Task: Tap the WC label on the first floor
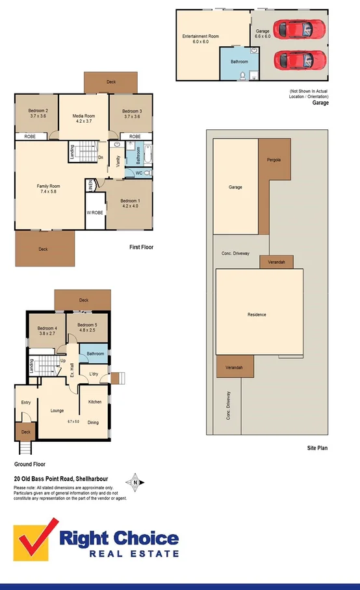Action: click(x=138, y=173)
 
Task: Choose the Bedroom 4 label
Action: click(x=47, y=328)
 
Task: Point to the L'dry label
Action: click(x=94, y=374)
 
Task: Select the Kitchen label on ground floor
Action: click(x=95, y=402)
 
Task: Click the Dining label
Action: click(x=94, y=423)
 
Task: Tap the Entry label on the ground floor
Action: click(x=25, y=403)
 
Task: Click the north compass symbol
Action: click(x=135, y=482)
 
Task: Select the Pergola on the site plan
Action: click(x=274, y=160)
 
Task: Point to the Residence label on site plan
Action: click(x=257, y=314)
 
